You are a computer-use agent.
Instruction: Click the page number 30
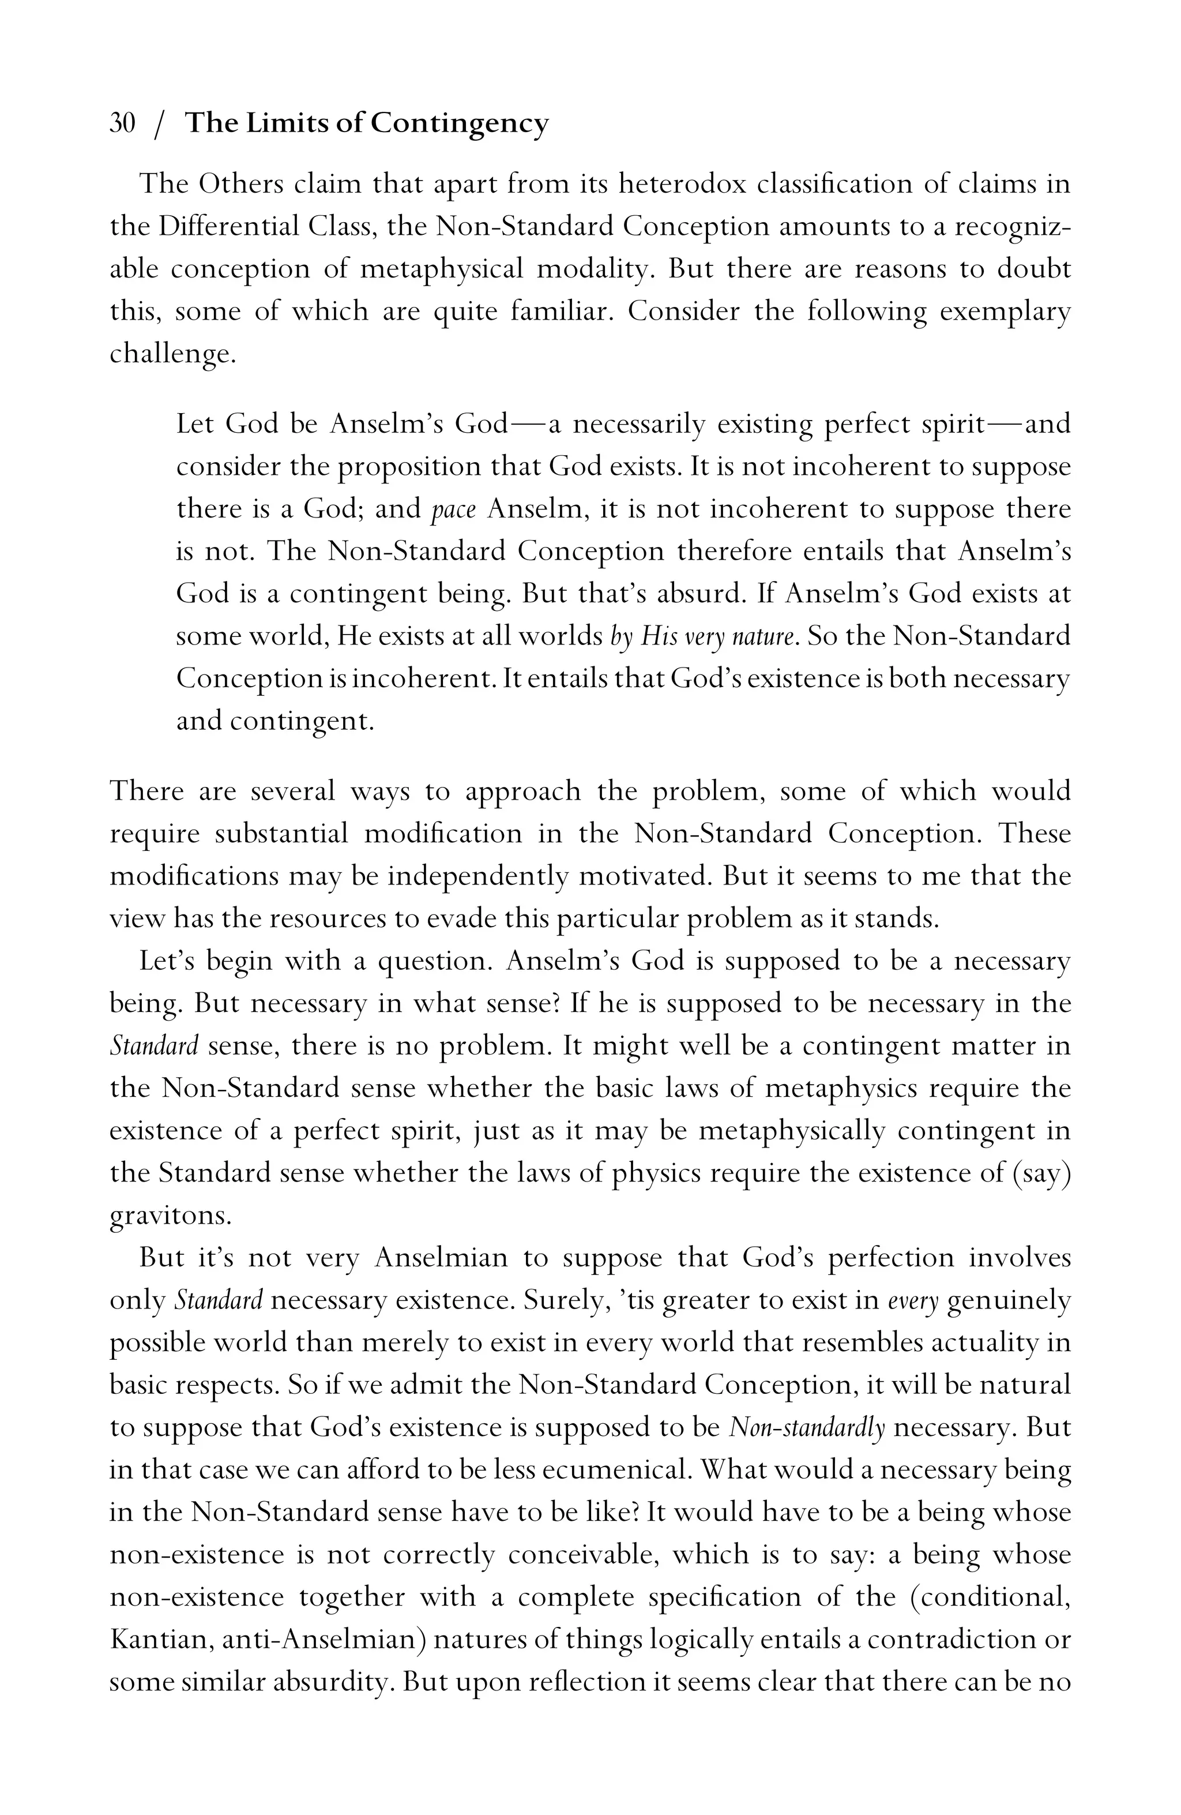tap(123, 123)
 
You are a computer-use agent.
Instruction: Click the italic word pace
tap(453, 509)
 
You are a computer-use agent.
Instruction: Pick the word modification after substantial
tap(443, 834)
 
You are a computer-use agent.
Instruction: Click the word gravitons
tap(170, 1216)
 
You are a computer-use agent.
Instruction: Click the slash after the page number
tap(158, 124)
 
